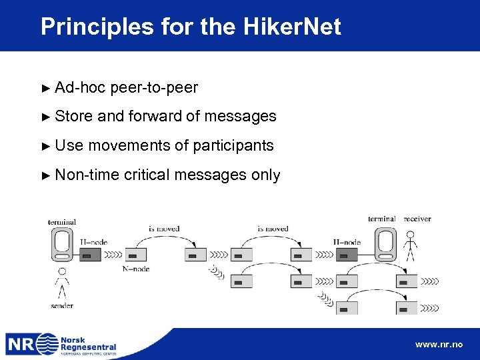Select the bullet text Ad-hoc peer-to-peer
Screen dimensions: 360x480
126,87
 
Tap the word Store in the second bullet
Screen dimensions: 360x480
73,116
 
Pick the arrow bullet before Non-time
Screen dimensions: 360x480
45,175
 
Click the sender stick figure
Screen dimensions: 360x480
62,283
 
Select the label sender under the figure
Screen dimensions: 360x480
62,305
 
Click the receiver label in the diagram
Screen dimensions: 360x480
417,219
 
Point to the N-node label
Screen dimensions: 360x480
136,269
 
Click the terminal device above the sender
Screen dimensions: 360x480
62,244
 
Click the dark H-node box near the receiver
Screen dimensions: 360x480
347,254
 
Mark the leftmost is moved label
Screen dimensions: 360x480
163,229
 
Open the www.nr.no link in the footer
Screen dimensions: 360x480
438,345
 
